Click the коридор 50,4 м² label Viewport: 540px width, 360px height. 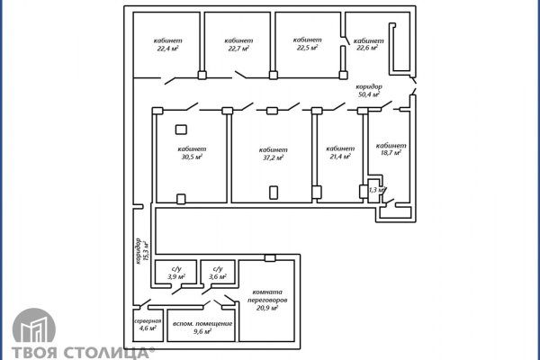tap(369, 91)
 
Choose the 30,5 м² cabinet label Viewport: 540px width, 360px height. tap(192, 153)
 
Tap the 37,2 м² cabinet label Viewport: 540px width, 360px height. tap(273, 154)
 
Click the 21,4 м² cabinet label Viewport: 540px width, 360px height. tap(340, 153)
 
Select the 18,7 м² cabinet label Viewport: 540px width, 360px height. tap(391, 149)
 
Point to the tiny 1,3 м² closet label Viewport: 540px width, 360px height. tap(376, 190)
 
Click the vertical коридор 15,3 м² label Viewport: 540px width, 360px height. tap(142, 251)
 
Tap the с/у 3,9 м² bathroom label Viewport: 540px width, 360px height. tap(176, 273)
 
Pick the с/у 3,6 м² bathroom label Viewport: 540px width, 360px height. tap(218, 273)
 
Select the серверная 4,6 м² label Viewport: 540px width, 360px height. tap(148, 325)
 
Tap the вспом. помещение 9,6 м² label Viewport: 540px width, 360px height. tap(202, 328)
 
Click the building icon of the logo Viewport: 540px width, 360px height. tap(34, 326)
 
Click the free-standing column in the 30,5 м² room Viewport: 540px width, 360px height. tap(181, 130)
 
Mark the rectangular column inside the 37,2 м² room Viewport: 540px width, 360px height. tap(274, 193)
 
